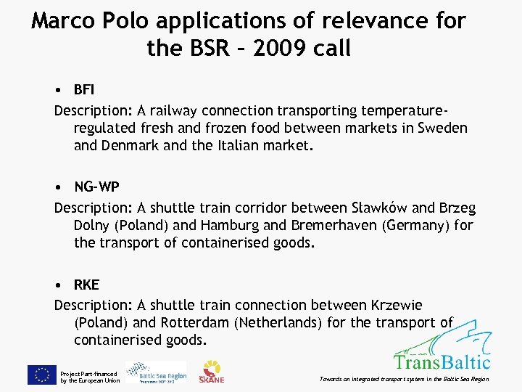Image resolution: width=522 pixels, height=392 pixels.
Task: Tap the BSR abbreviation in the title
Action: [199, 49]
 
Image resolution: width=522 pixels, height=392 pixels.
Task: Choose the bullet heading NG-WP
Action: [97, 187]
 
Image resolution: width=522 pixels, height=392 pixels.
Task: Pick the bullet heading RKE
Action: [86, 285]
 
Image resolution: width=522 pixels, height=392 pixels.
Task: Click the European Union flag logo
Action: [42, 375]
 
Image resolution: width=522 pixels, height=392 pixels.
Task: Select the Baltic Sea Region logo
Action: [156, 372]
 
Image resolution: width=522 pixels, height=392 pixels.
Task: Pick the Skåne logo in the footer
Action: [212, 371]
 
